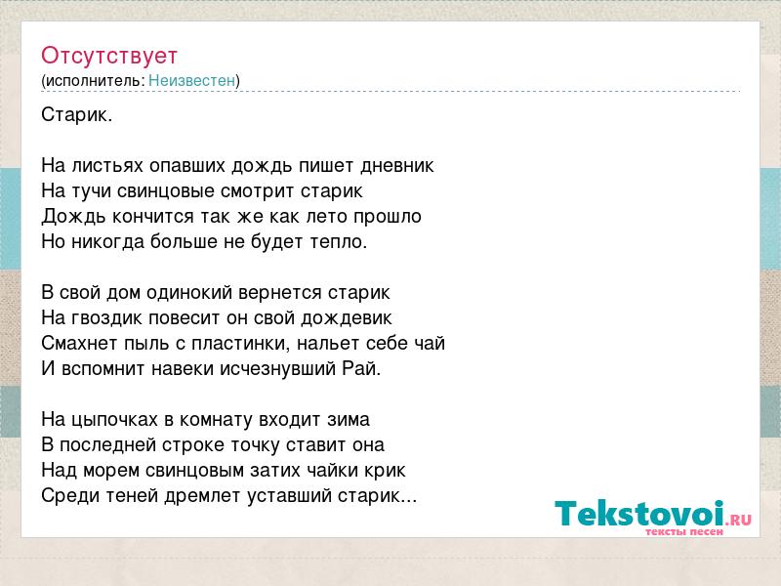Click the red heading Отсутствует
tap(109, 56)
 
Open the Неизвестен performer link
tap(191, 80)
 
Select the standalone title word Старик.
tap(77, 115)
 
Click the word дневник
tap(397, 165)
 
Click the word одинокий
tap(189, 292)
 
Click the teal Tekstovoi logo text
tap(639, 513)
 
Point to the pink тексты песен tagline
tap(684, 531)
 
